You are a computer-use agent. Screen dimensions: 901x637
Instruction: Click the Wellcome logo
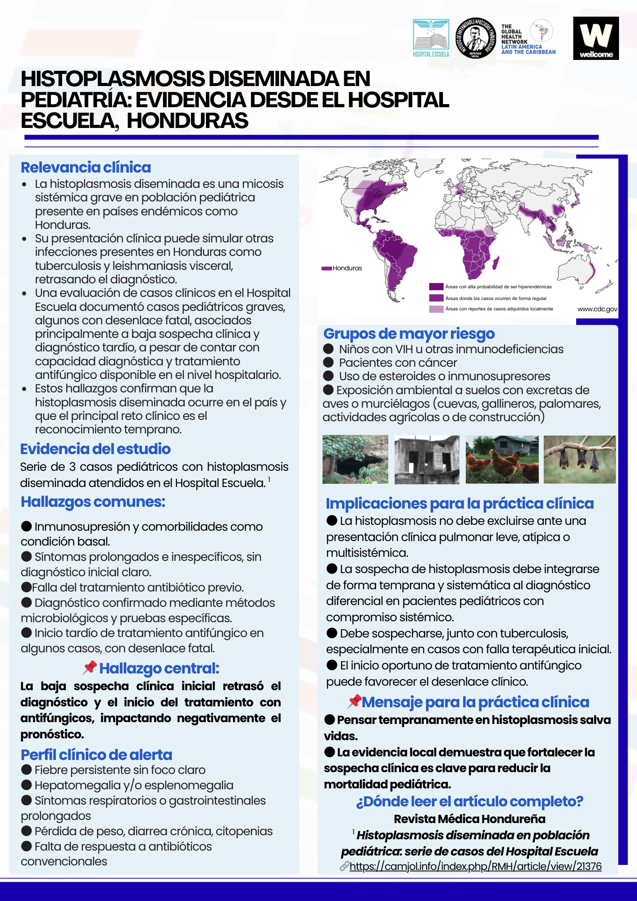[x=596, y=38]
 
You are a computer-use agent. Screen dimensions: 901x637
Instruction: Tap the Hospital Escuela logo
[x=431, y=38]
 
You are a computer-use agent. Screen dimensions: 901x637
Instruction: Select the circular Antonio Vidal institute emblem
[x=475, y=38]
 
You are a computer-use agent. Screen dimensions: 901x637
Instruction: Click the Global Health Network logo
[x=528, y=39]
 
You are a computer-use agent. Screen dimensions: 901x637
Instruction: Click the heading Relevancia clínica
[x=86, y=168]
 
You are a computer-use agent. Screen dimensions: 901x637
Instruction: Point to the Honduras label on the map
[x=347, y=268]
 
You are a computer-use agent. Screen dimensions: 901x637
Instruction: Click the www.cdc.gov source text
[x=597, y=309]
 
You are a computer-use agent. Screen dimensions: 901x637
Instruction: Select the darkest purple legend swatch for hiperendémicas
[x=436, y=287]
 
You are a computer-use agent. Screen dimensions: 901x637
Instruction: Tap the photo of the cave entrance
[x=355, y=460]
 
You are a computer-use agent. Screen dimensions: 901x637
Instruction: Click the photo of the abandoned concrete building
[x=427, y=460]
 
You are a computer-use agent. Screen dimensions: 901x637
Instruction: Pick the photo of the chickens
[x=502, y=460]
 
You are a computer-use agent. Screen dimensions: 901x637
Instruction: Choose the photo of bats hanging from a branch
[x=579, y=460]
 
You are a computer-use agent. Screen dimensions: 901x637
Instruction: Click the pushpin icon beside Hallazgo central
[x=90, y=668]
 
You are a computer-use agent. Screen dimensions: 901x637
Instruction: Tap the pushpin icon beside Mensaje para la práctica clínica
[x=355, y=701]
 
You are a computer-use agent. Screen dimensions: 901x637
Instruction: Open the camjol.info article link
[x=475, y=866]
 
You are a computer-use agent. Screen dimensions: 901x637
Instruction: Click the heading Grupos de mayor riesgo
[x=409, y=334]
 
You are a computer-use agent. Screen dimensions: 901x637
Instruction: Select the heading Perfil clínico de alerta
[x=96, y=755]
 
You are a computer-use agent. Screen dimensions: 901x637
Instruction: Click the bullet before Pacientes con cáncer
[x=328, y=363]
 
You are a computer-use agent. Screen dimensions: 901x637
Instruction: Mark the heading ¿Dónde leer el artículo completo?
[x=469, y=801]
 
